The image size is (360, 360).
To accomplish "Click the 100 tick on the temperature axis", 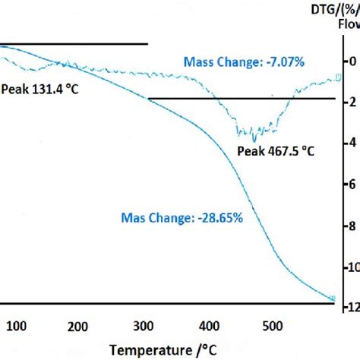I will pos(17,327).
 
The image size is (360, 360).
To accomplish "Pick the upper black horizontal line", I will pos(73,44).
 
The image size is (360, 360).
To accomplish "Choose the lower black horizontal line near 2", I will pos(241,99).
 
